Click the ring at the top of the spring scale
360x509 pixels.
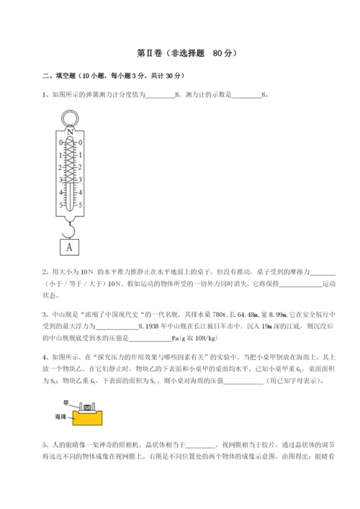point(70,118)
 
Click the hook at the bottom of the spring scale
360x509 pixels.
point(70,230)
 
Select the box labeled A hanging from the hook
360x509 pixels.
point(70,246)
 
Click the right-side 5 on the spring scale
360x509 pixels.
point(79,205)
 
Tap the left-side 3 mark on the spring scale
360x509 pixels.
point(61,181)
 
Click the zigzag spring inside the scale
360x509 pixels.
point(70,162)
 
